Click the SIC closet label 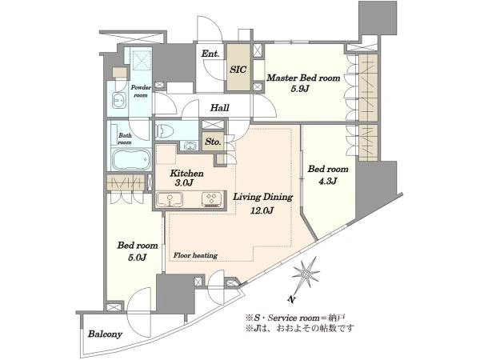pos(238,70)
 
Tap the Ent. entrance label pos(210,54)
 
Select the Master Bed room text pos(303,78)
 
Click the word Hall pos(220,108)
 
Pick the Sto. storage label pos(213,142)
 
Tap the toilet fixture pos(165,132)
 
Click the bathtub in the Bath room pos(131,159)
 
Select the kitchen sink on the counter pos(170,199)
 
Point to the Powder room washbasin pos(119,100)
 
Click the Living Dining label pos(263,197)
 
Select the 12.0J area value pos(262,210)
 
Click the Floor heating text pos(195,255)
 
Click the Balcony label pos(105,334)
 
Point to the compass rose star pos(306,274)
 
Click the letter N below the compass pos(292,299)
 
